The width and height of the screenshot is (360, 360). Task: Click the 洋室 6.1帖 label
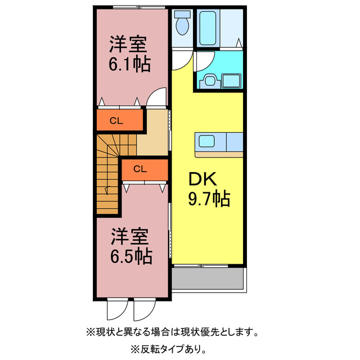click(129, 53)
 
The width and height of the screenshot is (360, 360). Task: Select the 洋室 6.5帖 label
click(130, 246)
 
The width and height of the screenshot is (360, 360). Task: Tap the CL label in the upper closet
click(116, 120)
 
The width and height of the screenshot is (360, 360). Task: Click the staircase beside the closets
click(108, 169)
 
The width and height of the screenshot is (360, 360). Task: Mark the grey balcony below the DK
click(208, 278)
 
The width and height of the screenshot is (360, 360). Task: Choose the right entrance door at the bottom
click(143, 310)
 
